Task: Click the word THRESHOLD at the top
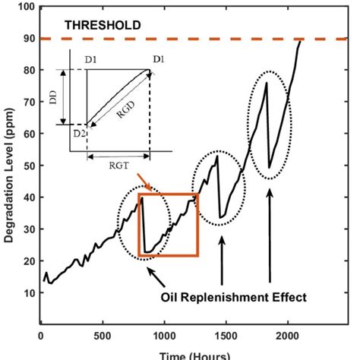[103, 25]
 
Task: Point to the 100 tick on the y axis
[26, 7]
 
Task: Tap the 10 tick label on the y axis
[28, 292]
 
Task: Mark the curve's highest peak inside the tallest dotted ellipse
[267, 83]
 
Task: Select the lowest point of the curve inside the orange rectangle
[147, 253]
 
